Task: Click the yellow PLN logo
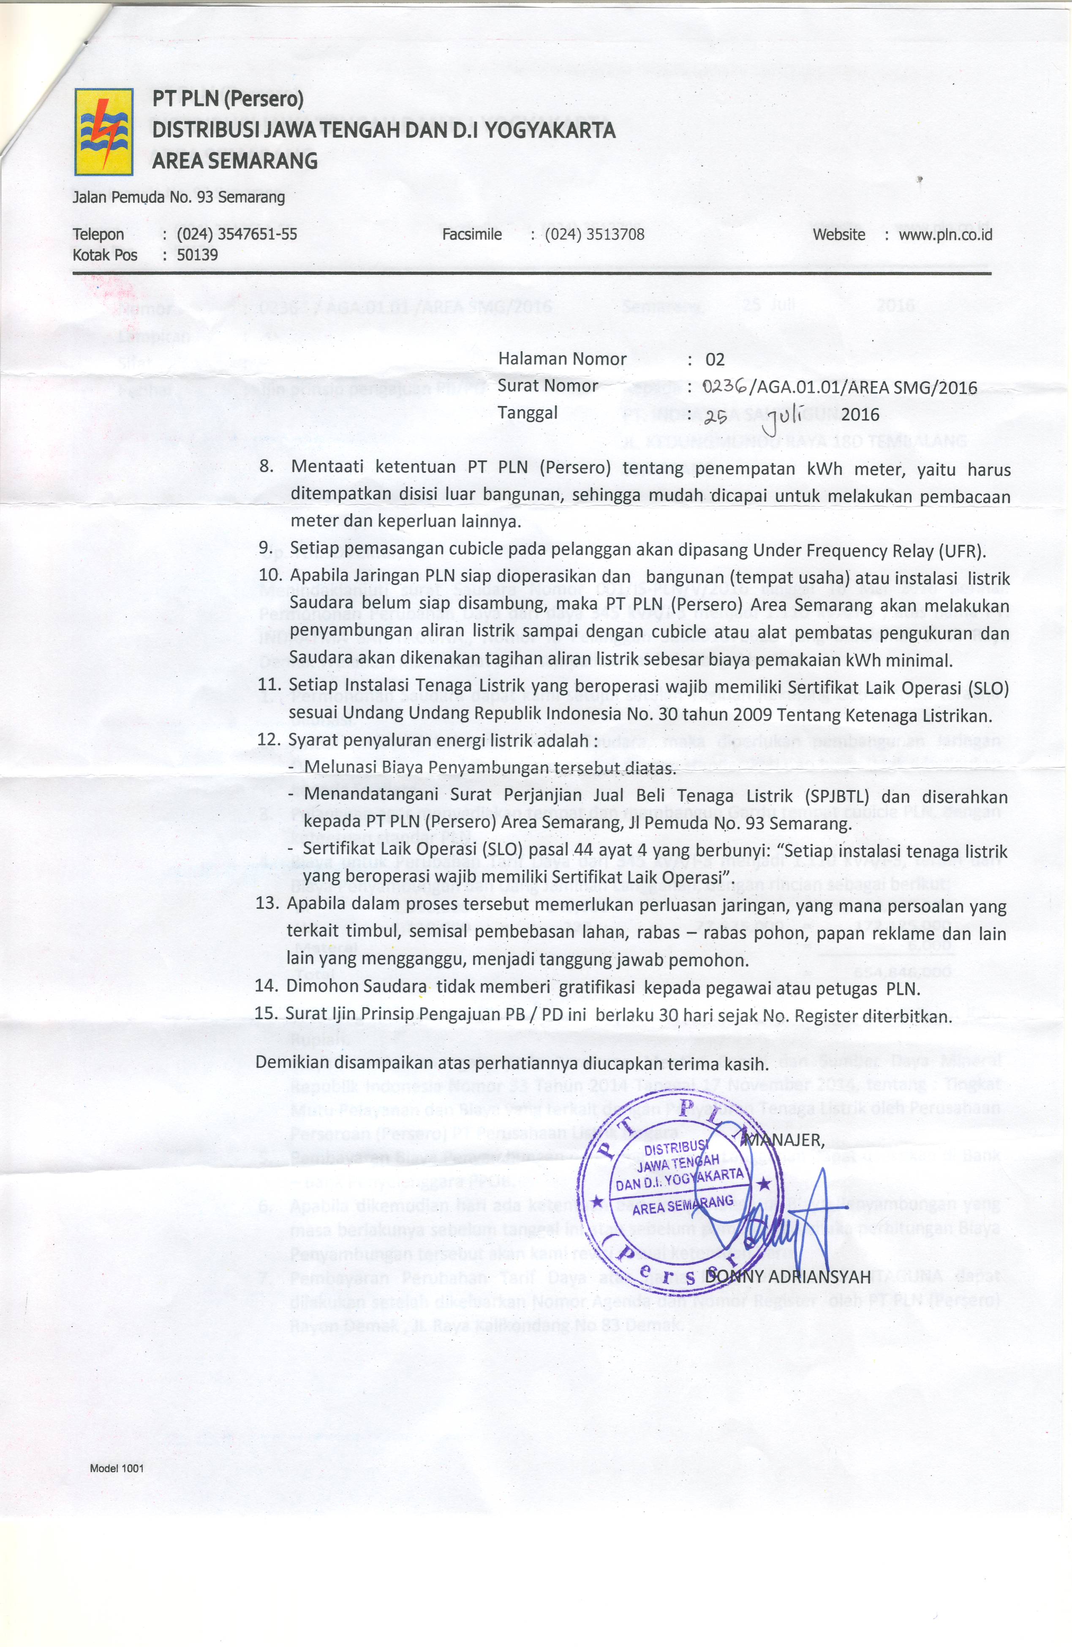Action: [x=104, y=131]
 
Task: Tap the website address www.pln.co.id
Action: [x=945, y=235]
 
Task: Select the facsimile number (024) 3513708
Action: [x=594, y=235]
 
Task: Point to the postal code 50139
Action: [x=197, y=255]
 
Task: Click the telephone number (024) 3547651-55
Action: [x=237, y=235]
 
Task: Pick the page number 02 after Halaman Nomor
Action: [x=714, y=360]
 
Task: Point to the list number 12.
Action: [x=268, y=740]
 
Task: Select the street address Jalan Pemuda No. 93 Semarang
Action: [x=178, y=198]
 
